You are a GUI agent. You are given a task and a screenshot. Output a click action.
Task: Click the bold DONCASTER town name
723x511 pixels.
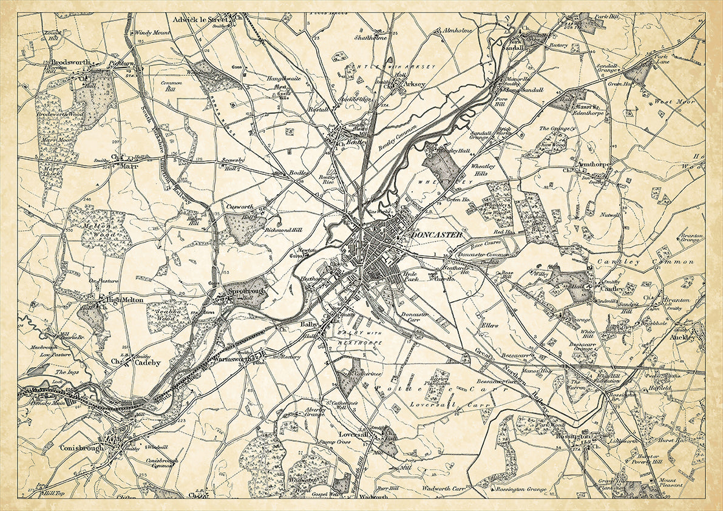tap(436, 235)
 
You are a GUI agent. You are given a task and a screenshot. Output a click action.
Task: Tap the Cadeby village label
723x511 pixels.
tap(148, 362)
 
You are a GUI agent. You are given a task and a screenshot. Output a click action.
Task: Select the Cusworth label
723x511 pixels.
tap(239, 206)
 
